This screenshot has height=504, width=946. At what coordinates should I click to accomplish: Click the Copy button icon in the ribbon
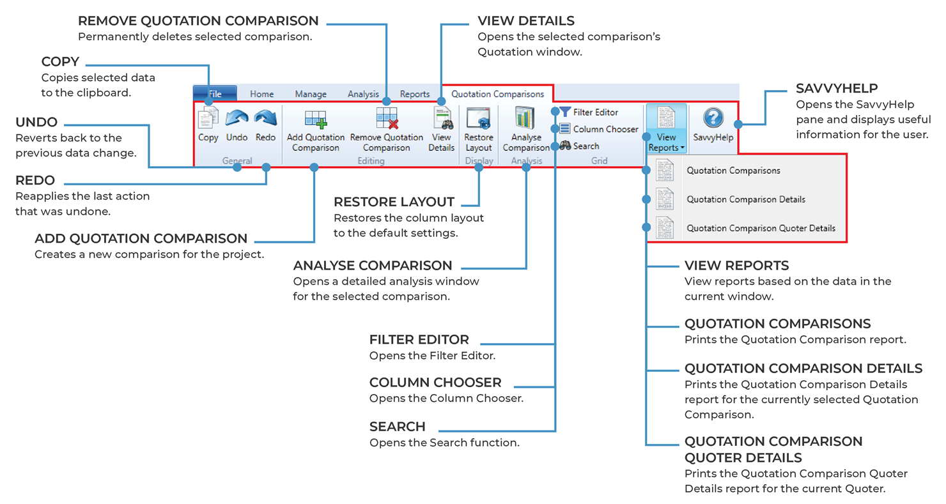click(208, 118)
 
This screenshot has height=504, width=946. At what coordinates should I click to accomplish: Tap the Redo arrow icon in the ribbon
click(265, 118)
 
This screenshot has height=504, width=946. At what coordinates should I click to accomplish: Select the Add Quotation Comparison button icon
click(315, 119)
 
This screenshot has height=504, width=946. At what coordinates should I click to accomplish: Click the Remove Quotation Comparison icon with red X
click(387, 120)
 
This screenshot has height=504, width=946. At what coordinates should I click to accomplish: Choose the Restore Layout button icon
click(478, 119)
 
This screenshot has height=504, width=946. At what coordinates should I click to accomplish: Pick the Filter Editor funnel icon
click(565, 112)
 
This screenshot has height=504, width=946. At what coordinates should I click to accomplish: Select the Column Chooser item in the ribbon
click(599, 129)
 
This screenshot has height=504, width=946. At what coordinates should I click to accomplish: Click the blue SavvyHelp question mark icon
click(713, 118)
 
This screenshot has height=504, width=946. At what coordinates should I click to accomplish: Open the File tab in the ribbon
click(215, 94)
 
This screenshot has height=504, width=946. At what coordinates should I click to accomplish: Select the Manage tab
click(311, 94)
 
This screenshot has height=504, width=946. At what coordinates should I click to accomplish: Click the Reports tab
click(415, 94)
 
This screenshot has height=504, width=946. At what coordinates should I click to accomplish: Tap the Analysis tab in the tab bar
click(363, 94)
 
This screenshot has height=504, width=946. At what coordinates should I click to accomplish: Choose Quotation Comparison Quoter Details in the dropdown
click(761, 228)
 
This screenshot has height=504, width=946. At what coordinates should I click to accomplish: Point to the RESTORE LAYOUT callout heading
click(394, 202)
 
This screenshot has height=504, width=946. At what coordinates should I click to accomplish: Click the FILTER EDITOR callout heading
click(419, 339)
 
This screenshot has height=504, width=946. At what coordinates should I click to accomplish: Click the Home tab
click(261, 94)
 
